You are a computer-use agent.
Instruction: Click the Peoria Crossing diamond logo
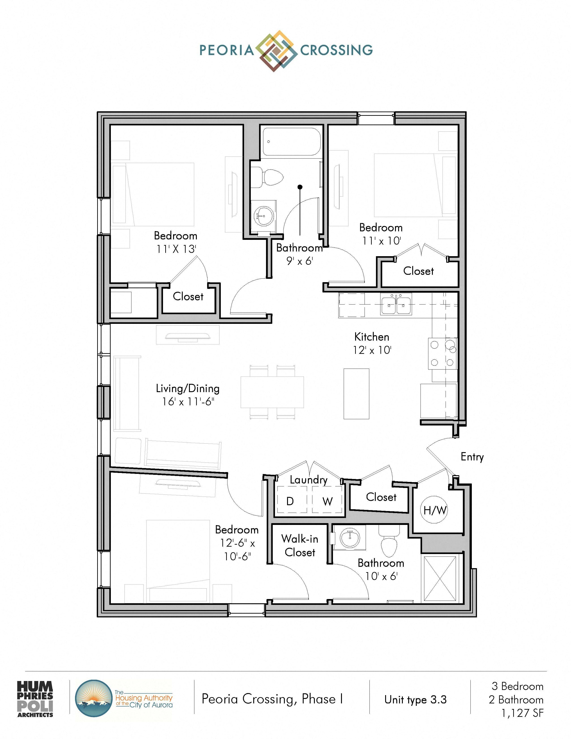[274, 51]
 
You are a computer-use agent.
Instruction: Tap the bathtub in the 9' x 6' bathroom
[291, 142]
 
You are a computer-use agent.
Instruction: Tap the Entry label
[472, 457]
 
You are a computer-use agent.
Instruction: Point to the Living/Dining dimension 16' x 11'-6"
[188, 402]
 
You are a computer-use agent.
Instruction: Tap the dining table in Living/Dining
[272, 392]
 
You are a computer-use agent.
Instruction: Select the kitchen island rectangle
[356, 394]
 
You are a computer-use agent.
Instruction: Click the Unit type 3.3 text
[415, 699]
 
